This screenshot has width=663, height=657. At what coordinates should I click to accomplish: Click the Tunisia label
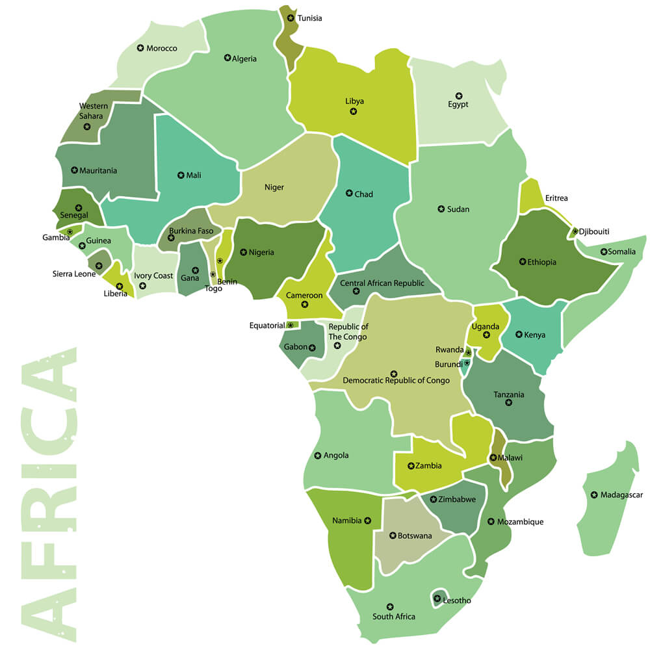(309, 18)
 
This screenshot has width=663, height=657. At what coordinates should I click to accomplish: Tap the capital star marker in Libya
(354, 112)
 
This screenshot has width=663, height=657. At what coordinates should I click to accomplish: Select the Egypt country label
(458, 105)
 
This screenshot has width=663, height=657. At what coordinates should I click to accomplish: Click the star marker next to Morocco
(140, 48)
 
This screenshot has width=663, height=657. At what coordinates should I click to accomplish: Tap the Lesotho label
(457, 600)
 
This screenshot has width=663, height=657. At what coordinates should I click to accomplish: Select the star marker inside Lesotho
(437, 599)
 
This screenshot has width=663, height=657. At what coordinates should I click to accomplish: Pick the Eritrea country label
(556, 198)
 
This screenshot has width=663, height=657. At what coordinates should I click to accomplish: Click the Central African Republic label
(382, 283)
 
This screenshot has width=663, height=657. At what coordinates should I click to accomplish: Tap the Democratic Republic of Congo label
(396, 381)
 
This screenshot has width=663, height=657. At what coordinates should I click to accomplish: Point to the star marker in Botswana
(393, 536)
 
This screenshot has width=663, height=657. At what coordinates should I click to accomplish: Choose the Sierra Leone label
(74, 274)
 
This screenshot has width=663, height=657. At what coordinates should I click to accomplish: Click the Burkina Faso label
(191, 231)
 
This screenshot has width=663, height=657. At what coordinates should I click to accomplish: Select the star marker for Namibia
(368, 521)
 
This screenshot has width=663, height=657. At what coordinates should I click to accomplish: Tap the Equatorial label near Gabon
(267, 326)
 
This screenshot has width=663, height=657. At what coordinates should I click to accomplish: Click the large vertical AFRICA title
(49, 494)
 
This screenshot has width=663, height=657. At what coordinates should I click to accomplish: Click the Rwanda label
(450, 350)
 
